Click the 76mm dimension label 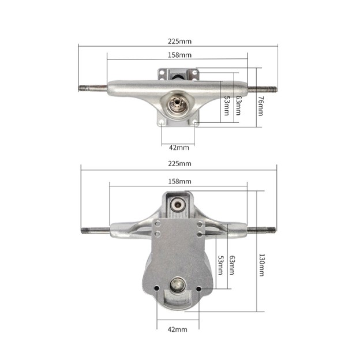tap(260, 105)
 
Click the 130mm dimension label tap(261, 267)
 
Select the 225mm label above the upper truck tap(180, 42)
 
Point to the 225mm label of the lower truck tap(179, 163)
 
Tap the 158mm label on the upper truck tap(180, 55)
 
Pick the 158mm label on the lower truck tap(179, 181)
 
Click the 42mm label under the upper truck tap(179, 147)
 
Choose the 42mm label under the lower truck tap(177, 329)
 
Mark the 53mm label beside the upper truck tap(226, 106)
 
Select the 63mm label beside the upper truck tap(238, 106)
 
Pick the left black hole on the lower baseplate tap(157, 288)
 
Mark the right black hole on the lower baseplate tap(199, 288)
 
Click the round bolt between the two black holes tap(178, 284)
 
